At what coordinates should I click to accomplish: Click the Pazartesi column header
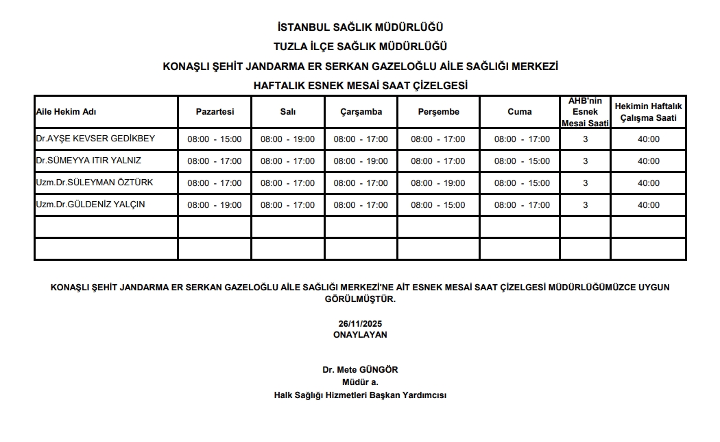pyautogui.click(x=215, y=112)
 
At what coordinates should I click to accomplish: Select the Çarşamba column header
pyautogui.click(x=361, y=112)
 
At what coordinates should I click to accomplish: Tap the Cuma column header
pyautogui.click(x=519, y=112)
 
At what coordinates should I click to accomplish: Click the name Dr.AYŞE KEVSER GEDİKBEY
pyautogui.click(x=95, y=139)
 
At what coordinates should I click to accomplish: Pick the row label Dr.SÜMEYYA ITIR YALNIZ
pyautogui.click(x=88, y=161)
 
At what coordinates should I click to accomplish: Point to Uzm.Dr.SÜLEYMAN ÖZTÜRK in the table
pyautogui.click(x=94, y=183)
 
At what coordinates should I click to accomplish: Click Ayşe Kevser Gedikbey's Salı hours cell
pyautogui.click(x=287, y=139)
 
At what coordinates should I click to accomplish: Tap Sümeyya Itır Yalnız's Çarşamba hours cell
pyautogui.click(x=361, y=161)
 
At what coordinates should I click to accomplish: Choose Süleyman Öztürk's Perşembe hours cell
pyautogui.click(x=437, y=183)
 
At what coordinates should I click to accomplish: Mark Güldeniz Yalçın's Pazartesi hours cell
pyautogui.click(x=215, y=205)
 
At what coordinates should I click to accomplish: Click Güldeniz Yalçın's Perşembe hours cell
pyautogui.click(x=437, y=205)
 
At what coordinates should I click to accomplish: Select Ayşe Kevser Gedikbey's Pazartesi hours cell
pyautogui.click(x=215, y=139)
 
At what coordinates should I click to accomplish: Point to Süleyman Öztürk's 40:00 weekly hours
pyautogui.click(x=648, y=183)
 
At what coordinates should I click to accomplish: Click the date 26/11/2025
pyautogui.click(x=360, y=324)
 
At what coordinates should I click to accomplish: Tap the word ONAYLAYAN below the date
pyautogui.click(x=360, y=335)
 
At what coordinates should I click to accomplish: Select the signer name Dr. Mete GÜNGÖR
pyautogui.click(x=360, y=370)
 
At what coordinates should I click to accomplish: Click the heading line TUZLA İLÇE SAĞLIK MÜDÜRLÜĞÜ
pyautogui.click(x=360, y=47)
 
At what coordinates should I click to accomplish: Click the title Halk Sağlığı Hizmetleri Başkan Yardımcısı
pyautogui.click(x=360, y=395)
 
